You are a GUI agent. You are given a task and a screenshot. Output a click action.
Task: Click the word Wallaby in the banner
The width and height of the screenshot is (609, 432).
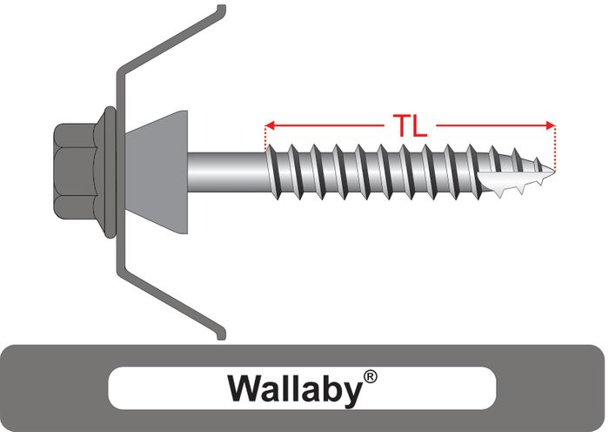click(x=293, y=388)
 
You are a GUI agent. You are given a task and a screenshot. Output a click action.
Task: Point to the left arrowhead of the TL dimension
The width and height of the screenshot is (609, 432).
click(x=267, y=125)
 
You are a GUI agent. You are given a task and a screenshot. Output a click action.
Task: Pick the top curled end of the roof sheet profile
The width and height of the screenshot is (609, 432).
click(x=221, y=10)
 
